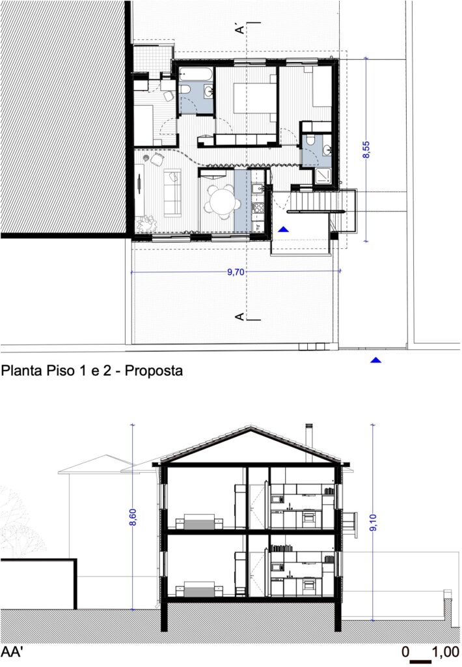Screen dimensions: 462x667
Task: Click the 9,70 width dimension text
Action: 236,272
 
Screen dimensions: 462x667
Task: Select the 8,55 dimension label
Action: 366,150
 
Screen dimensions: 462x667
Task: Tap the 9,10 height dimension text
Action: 374,522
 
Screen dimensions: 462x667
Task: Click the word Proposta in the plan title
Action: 154,371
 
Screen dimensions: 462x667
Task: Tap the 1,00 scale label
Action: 446,651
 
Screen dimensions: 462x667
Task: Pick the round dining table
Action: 222,201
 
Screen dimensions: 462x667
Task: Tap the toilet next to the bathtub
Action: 185,90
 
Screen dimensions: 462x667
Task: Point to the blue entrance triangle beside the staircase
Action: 284,229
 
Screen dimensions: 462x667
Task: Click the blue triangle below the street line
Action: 375,360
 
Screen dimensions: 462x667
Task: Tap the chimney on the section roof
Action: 309,442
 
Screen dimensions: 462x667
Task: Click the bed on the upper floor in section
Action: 199,522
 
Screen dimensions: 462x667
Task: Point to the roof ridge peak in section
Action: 251,427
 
